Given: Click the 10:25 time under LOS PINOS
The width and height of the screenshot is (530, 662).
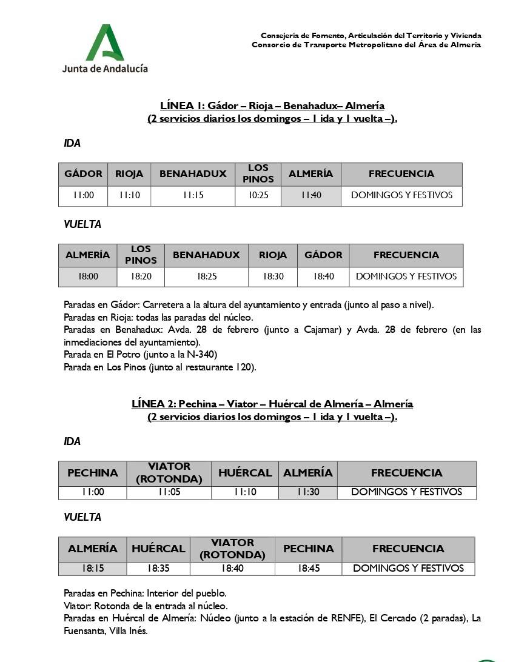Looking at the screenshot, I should tap(258, 196).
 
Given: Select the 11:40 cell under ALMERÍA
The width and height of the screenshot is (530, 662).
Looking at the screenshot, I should tap(310, 196).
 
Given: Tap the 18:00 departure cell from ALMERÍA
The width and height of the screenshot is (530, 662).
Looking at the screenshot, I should tap(88, 276).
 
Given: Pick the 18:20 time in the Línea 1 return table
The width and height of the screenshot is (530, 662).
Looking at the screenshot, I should tap(141, 276).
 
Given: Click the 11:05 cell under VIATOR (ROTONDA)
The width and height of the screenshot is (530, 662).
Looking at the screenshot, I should tap(169, 492).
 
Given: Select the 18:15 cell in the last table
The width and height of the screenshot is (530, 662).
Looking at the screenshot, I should tap(92, 569).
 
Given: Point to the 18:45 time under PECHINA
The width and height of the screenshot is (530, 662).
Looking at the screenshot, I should tap(308, 569).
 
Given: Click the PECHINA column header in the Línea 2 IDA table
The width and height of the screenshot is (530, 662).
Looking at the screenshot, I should tap(93, 473).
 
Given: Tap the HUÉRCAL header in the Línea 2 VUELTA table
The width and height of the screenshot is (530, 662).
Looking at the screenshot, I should tap(158, 549).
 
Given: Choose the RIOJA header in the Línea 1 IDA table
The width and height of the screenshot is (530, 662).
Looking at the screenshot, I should tap(129, 174).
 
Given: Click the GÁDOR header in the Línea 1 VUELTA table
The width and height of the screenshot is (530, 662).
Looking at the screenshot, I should tap(323, 255).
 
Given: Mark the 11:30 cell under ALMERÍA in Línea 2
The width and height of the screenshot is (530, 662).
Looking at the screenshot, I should tap(308, 492).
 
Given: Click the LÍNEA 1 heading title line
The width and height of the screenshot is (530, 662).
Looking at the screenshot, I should tap(272, 105).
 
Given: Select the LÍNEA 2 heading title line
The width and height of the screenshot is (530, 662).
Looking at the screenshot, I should tap(272, 404).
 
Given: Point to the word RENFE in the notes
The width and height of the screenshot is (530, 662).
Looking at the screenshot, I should tap(348, 618).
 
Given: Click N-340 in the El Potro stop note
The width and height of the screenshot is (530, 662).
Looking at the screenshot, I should tap(204, 354).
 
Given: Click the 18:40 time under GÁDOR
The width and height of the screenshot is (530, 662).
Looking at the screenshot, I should tap(323, 276).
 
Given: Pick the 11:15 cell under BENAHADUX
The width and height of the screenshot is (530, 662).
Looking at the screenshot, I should tap(193, 196).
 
